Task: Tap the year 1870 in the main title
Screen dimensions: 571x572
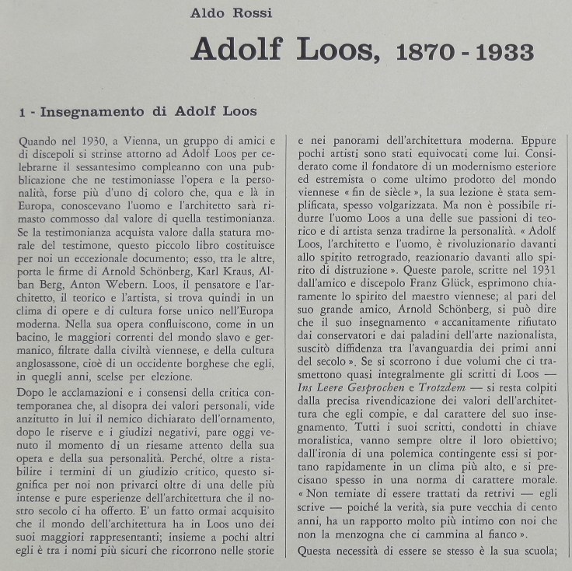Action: pos(427,53)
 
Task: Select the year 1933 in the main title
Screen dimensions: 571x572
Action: pos(504,53)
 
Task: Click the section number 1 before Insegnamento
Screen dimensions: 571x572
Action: pos(24,112)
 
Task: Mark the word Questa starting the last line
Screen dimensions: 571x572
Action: pos(316,552)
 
